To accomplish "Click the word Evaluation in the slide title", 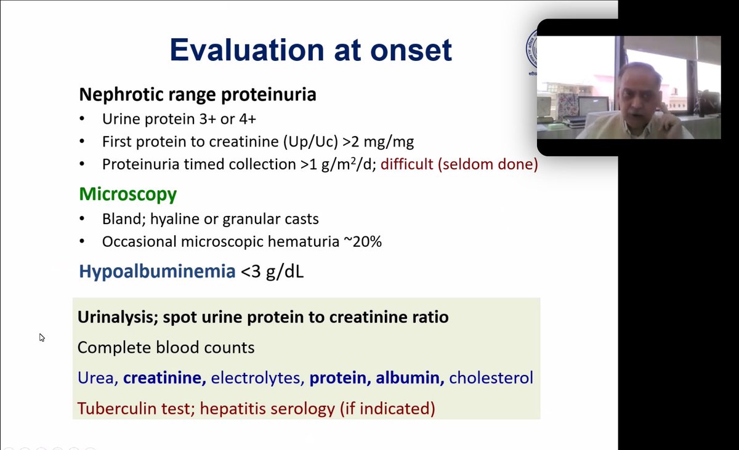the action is [x=248, y=50].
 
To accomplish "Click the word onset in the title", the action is [x=411, y=50].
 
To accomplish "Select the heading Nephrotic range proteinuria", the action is [x=198, y=95].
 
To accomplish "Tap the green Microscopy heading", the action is [x=128, y=194].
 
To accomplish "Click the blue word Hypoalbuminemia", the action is [x=158, y=271].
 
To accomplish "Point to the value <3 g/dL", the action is [x=272, y=271].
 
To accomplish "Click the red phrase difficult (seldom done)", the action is [x=459, y=164].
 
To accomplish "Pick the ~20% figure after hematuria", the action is [x=363, y=241].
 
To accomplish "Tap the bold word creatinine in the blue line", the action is [x=164, y=378].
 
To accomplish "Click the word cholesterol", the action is [x=491, y=378].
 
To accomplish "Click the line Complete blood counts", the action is [x=166, y=347].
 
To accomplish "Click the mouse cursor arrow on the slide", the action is [x=42, y=337].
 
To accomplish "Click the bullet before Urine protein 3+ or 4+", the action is [x=82, y=119].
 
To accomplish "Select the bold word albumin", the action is [x=410, y=378].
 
